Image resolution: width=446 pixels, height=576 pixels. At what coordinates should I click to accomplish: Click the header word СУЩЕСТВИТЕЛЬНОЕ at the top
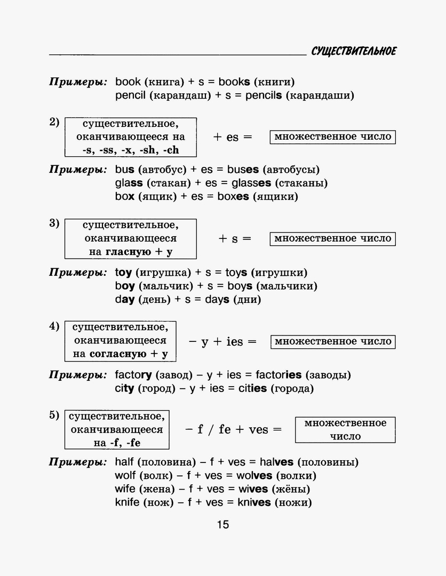coord(354,51)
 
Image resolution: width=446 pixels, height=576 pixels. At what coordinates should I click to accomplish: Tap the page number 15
coord(222,524)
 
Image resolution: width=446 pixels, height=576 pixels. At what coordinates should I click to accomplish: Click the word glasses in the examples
coord(251,183)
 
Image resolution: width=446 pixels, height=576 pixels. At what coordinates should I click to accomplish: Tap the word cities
coord(252,388)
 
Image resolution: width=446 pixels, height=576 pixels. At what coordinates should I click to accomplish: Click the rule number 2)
coord(54,122)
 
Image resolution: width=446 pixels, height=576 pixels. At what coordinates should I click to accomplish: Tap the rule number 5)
coord(54,416)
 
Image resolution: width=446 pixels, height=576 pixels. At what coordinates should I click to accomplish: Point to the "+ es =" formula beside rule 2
coord(232,137)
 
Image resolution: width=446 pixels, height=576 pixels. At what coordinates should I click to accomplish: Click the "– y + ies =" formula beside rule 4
coord(222,341)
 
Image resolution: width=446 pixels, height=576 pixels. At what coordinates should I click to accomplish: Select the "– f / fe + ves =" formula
coord(233,429)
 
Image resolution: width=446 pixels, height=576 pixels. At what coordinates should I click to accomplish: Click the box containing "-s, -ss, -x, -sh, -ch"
coord(131,137)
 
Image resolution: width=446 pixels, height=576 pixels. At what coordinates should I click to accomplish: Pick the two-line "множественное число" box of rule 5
coord(345,429)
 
